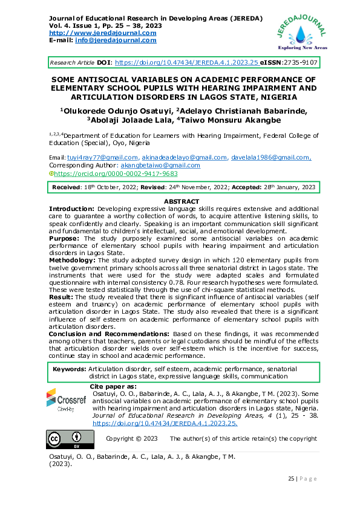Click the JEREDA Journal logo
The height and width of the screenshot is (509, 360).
tap(301, 31)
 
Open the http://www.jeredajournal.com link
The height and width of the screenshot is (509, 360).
tap(102, 33)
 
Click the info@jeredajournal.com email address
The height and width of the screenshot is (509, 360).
tap(114, 40)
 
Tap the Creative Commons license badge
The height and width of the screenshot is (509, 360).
tap(67, 438)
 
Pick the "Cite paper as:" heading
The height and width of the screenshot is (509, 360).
tap(113, 386)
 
